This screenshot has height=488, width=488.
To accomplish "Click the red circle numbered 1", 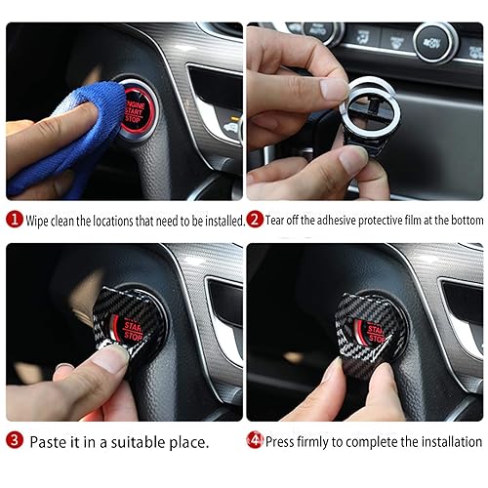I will tap(14, 220).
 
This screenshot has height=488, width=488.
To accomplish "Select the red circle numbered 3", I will tap(14, 441).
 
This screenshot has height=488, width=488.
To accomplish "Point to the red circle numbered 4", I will tap(255, 440).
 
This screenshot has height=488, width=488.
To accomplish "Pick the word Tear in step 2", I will tap(277, 221).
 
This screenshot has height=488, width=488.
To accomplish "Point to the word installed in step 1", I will tap(220, 221).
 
